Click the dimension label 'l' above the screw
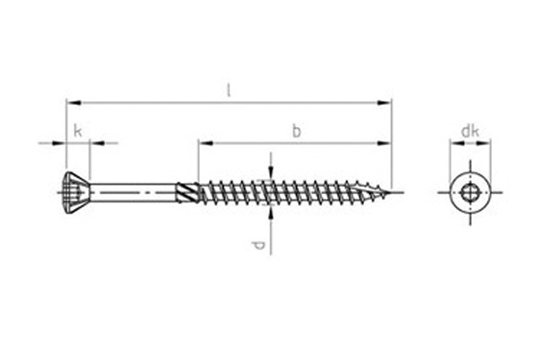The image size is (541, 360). [228, 91]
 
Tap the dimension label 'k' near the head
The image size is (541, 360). [78, 131]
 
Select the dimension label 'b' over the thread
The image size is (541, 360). [296, 131]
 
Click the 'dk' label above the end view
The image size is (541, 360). [470, 131]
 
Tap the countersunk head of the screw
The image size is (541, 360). [78, 192]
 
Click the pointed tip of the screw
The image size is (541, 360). [391, 192]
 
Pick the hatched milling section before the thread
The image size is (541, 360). [187, 192]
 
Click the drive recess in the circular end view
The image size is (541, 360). [470, 192]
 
